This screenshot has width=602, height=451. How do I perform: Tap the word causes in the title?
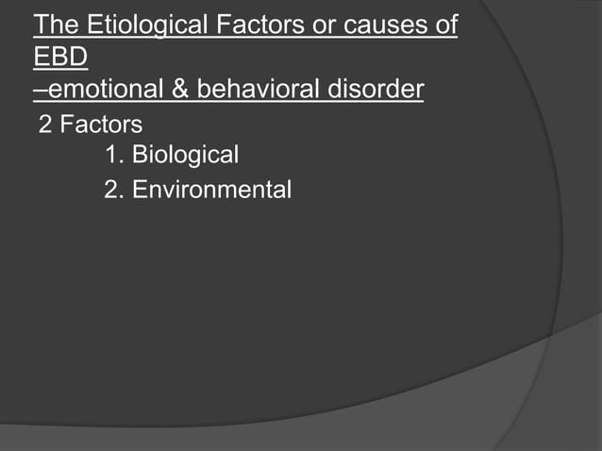[x=388, y=25]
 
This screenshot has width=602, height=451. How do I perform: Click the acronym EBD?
[x=59, y=58]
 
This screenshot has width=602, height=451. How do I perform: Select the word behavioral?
[x=257, y=90]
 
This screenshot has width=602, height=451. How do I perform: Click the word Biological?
[x=185, y=155]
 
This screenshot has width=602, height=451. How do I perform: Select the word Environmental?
[x=211, y=190]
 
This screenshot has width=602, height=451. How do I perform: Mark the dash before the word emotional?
[x=39, y=91]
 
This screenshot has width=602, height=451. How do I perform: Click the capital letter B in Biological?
[x=140, y=155]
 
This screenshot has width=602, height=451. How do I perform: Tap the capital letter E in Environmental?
[x=140, y=190]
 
